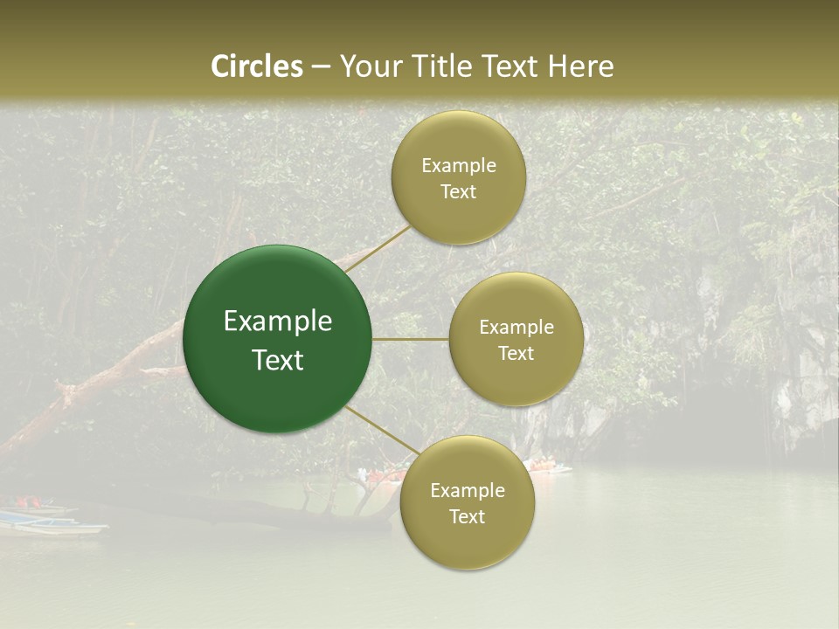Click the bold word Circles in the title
(x=257, y=66)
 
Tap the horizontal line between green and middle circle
(x=411, y=339)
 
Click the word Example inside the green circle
(x=278, y=321)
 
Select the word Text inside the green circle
(x=278, y=360)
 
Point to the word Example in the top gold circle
(x=459, y=165)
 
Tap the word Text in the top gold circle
(x=459, y=191)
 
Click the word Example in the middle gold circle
(x=517, y=327)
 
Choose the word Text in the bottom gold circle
(x=467, y=516)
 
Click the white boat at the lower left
(x=52, y=524)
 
